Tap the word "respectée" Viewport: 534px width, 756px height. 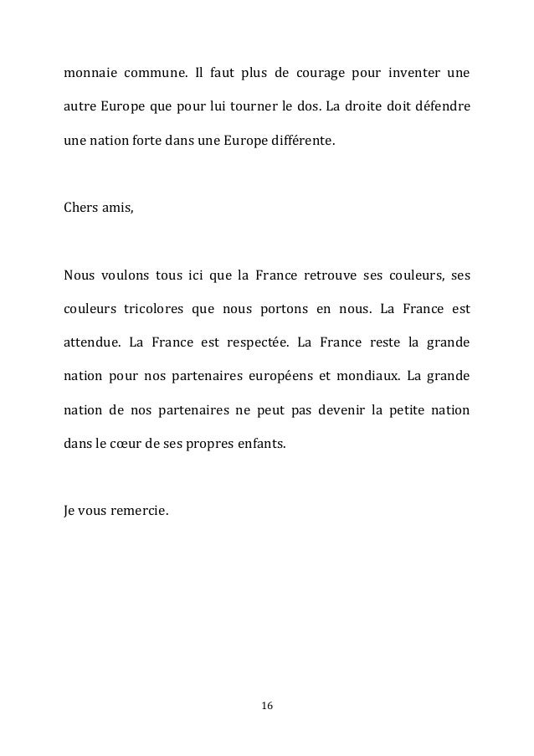coord(251,343)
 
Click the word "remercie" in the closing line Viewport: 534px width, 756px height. coord(140,508)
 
